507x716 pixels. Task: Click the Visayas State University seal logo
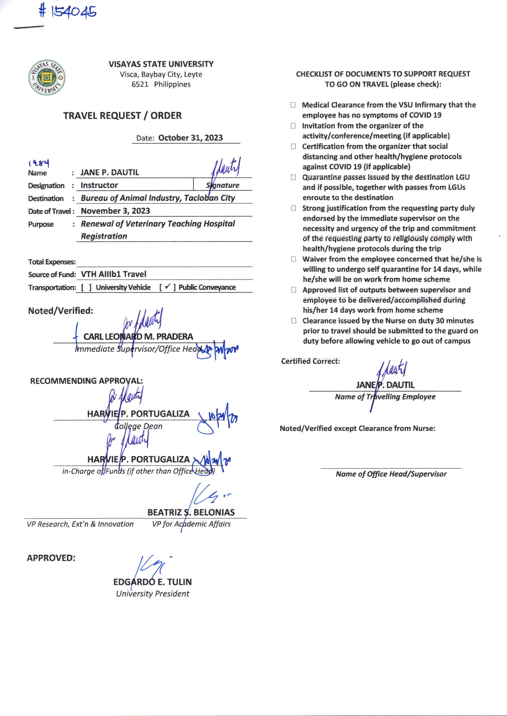tap(47, 77)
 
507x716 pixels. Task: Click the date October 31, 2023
tap(190, 138)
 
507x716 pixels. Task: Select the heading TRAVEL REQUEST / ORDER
tap(122, 116)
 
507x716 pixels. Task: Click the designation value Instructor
tap(99, 185)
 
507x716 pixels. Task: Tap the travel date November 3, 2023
tap(115, 211)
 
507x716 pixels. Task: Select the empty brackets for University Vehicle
tap(86, 287)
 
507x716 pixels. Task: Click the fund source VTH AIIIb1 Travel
tap(114, 274)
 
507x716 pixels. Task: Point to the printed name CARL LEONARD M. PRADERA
tap(138, 337)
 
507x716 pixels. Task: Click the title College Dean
tap(138, 426)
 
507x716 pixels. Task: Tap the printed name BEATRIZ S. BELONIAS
tap(191, 512)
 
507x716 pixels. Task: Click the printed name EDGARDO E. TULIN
tap(153, 582)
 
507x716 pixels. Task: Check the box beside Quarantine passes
tap(293, 177)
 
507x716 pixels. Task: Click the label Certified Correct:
tap(310, 361)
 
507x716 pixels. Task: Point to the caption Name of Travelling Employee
tap(385, 397)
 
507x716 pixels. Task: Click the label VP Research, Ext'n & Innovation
tap(80, 524)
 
